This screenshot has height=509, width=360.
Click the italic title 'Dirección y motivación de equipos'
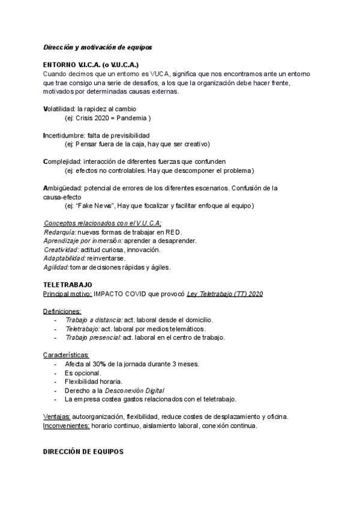point(98,47)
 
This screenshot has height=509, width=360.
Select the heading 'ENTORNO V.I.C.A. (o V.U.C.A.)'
point(91,64)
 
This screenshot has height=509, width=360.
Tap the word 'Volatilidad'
point(59,109)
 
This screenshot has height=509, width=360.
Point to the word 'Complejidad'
point(62,161)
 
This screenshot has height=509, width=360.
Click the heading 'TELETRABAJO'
point(67,285)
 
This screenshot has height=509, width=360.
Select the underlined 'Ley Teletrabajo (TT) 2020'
point(224,294)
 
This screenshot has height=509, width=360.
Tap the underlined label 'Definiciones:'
point(62,312)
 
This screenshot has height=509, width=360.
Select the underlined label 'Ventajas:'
point(57,417)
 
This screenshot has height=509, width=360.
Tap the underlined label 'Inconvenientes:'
point(66,426)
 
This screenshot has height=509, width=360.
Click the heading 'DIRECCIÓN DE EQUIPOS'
point(83,451)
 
